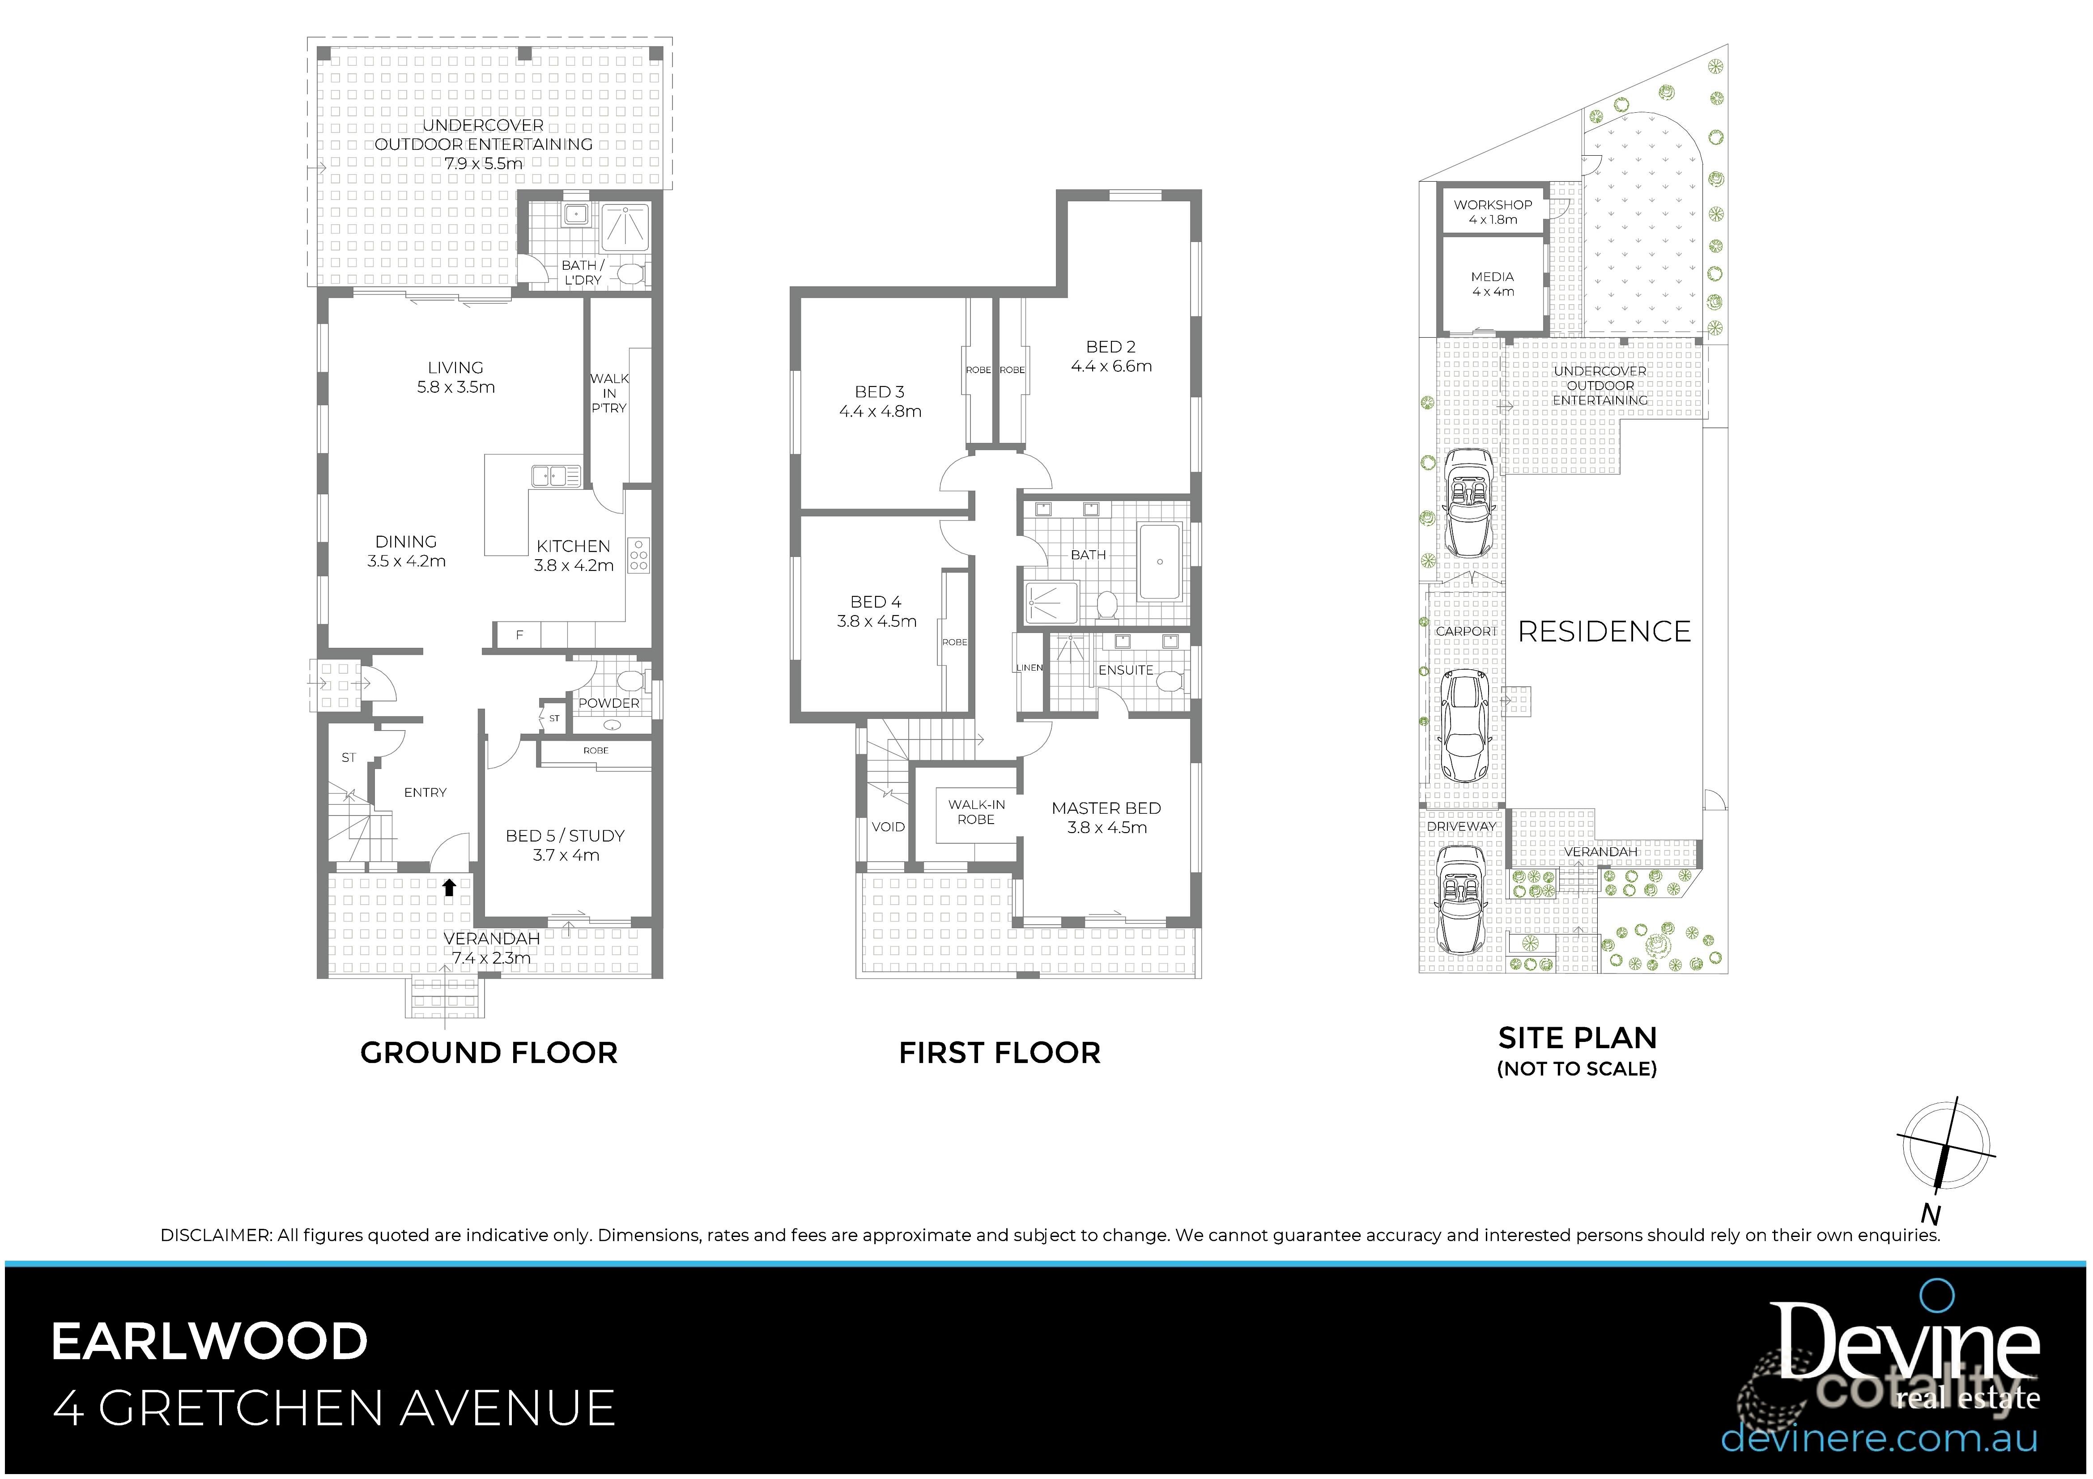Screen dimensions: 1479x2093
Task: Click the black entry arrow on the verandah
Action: click(x=448, y=887)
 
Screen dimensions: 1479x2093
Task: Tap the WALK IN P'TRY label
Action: click(x=609, y=393)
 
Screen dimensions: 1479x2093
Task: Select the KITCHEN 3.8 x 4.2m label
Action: click(x=574, y=555)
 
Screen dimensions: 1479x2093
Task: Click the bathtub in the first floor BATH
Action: click(x=1160, y=561)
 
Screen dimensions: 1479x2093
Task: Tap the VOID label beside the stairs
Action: click(x=888, y=827)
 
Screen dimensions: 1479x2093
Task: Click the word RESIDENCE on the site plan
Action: click(x=1604, y=632)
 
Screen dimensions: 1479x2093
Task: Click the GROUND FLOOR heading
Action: click(x=489, y=1053)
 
